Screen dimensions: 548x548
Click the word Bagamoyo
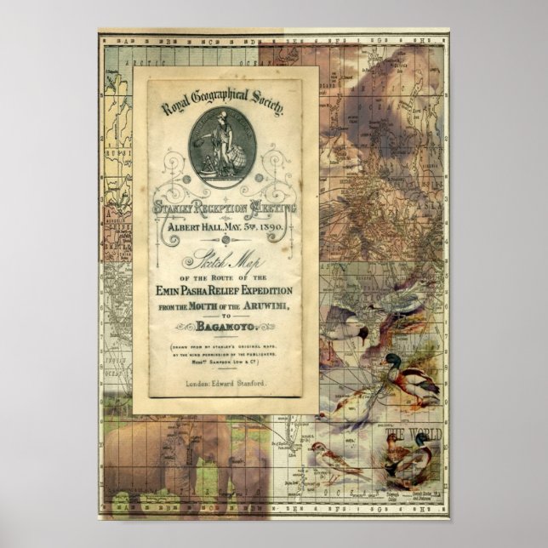pos(232,324)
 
